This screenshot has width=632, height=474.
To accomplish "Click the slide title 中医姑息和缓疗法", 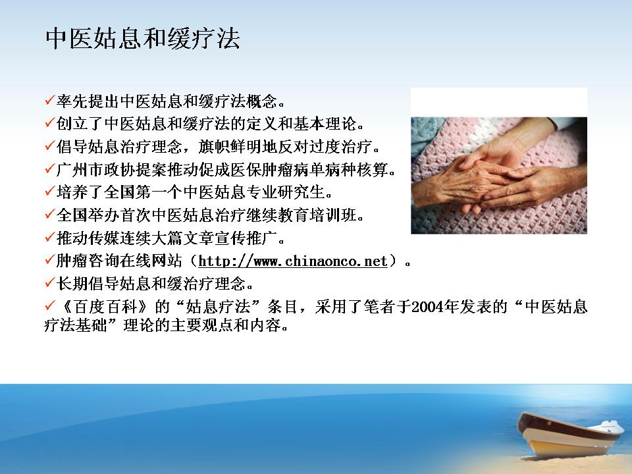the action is [143, 39].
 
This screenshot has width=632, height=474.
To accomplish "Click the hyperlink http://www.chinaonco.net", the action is [293, 261].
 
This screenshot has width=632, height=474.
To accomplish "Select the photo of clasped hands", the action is [499, 175].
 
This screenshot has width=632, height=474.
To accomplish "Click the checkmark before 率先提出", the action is [50, 99].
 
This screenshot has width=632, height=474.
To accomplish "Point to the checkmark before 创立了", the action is [50, 122].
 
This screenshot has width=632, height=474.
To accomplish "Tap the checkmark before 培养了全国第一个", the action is [50, 191].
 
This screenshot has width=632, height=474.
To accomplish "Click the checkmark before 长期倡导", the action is [50, 282].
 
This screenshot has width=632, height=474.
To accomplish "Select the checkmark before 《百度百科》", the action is [50, 305].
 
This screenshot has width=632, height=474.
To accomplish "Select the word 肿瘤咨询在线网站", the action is [119, 261].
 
